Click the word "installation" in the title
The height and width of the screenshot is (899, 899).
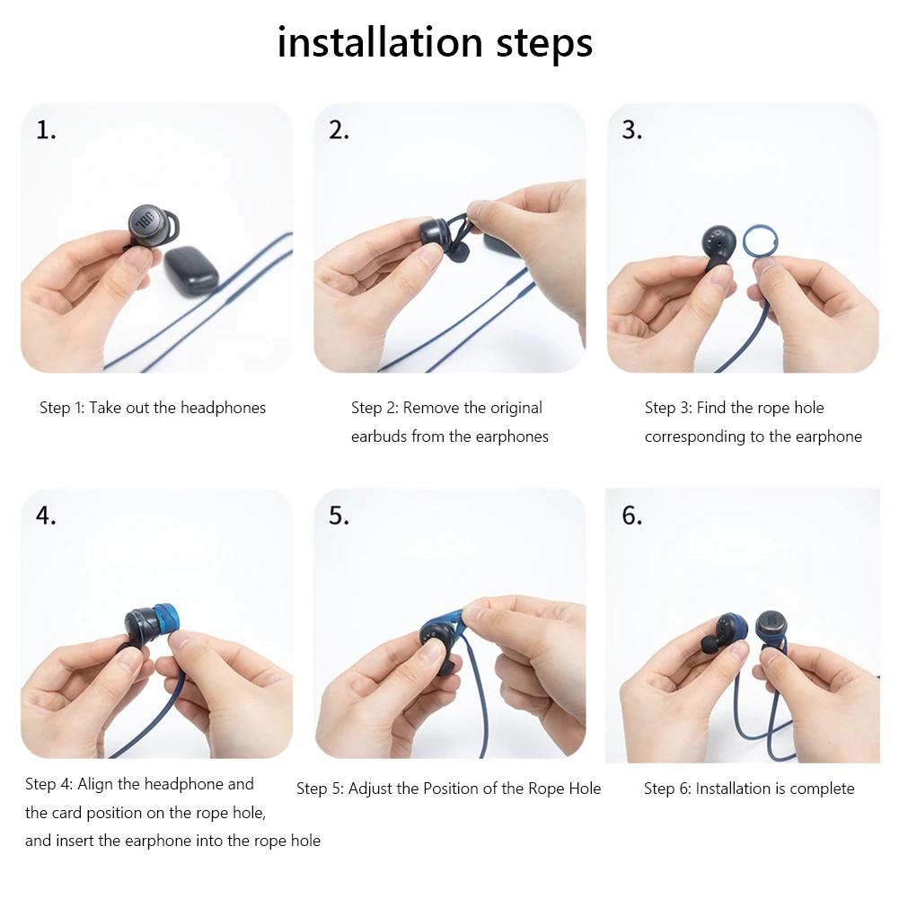click(380, 42)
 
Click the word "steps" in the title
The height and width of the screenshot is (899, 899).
click(544, 46)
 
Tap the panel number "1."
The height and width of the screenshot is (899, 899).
click(46, 130)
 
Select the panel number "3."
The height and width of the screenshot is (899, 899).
click(632, 130)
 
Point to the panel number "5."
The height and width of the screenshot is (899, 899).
click(339, 516)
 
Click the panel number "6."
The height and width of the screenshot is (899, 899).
click(632, 516)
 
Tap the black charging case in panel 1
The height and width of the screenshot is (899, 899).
click(191, 270)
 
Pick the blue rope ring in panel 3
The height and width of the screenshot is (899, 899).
click(761, 242)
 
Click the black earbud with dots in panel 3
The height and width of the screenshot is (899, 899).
click(718, 247)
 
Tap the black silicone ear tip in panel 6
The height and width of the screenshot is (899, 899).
click(710, 643)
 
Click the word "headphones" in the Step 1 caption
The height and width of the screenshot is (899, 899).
click(223, 408)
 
